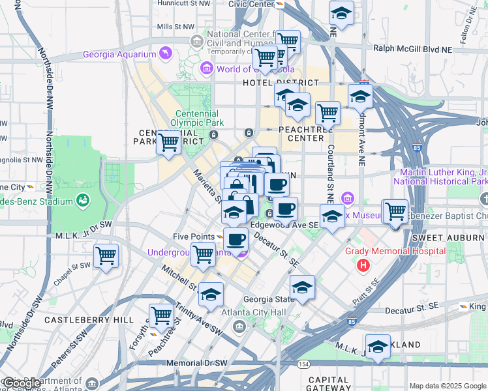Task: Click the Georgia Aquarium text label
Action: point(119,55)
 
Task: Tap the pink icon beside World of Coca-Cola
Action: point(207,68)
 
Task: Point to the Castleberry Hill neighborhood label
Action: point(78,320)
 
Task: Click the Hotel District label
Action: point(281,83)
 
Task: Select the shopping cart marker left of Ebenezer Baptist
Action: point(395,212)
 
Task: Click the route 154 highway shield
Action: point(304,364)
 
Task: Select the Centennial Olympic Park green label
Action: point(197,118)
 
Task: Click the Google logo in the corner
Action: point(22,383)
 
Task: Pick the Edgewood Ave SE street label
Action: point(284,225)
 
